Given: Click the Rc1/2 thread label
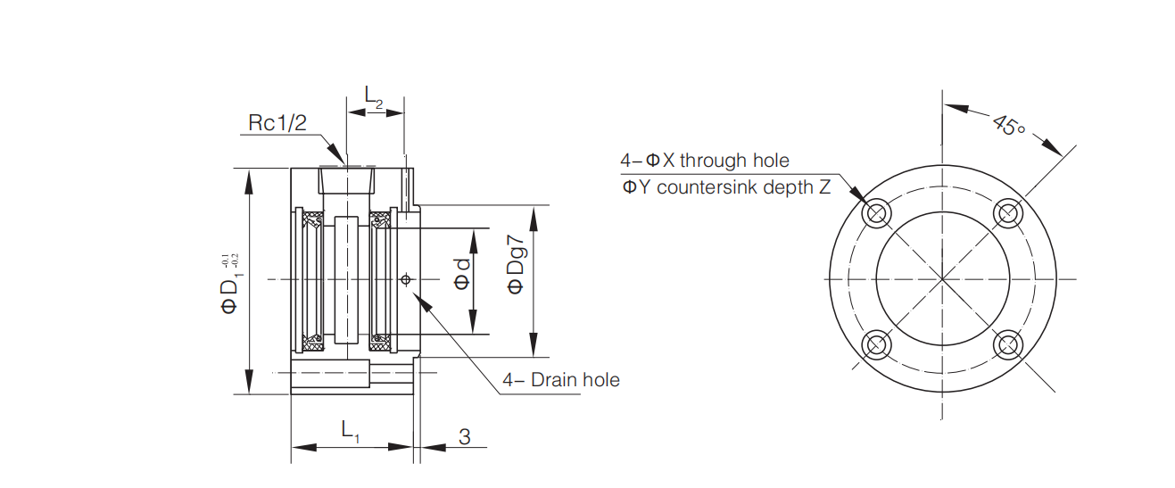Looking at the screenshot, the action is [277, 123].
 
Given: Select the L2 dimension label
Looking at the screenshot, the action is [374, 96].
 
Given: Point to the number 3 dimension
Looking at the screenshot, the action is [464, 436].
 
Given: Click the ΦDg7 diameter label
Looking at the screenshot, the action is [516, 264].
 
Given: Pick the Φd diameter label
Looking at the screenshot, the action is [462, 273].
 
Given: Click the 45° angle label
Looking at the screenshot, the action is [1007, 126].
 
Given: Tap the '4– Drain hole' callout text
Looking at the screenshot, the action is [561, 379].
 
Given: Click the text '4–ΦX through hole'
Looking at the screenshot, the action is [705, 160].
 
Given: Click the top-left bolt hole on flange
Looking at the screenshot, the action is [876, 213].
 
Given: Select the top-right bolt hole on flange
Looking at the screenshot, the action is [1008, 213].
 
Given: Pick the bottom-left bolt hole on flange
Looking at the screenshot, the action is [876, 344].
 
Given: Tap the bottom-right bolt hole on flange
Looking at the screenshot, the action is [1008, 344].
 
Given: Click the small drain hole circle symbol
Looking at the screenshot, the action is [405, 279].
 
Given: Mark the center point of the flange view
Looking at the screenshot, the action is [943, 279].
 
